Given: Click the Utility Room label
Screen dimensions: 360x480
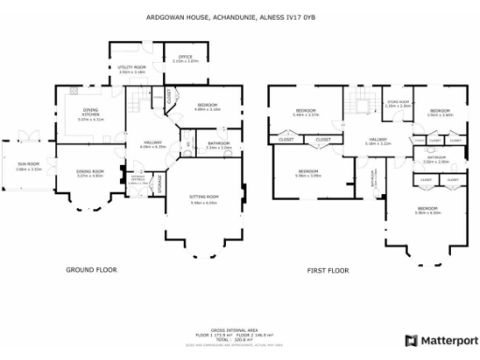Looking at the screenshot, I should pos(132,67).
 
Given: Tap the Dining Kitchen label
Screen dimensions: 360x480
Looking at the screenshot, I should pos(90,114).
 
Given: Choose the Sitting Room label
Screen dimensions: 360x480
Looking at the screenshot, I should pos(203,199).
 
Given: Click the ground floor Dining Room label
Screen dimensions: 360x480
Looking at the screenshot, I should pos(90,172).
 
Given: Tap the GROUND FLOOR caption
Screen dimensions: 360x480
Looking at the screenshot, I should pos(91,270).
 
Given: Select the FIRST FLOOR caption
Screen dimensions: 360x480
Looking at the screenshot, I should pos(328,270).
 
